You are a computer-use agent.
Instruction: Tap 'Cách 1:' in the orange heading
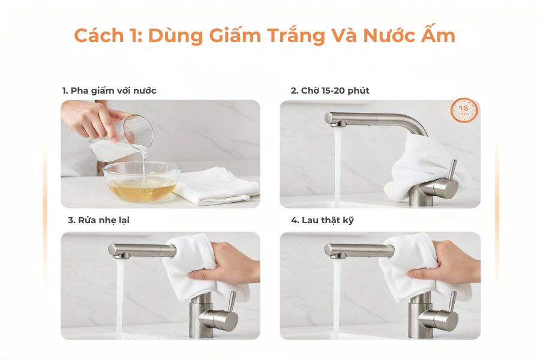tap(107, 35)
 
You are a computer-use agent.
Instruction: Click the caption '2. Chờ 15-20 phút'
tap(330, 91)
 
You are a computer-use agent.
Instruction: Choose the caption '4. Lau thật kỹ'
tap(322, 220)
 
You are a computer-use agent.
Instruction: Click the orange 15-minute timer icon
tap(464, 110)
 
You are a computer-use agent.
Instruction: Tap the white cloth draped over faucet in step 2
tap(420, 159)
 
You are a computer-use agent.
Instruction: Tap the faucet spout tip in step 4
tap(337, 254)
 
